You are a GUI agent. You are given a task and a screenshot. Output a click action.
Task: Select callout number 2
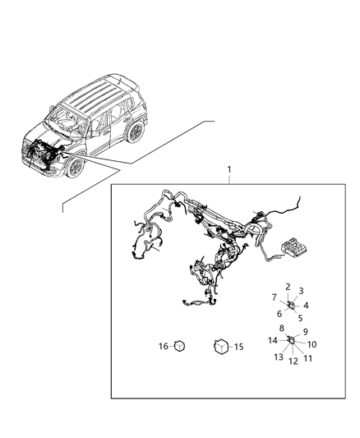[x=288, y=287]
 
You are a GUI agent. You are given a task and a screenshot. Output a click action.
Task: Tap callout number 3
[x=302, y=291]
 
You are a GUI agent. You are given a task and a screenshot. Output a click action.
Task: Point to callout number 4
[x=306, y=304]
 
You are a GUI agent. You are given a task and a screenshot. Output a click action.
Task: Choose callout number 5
[x=300, y=317]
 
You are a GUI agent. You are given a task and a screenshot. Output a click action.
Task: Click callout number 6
[x=279, y=313]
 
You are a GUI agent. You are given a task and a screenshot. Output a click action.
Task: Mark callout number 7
[x=275, y=297]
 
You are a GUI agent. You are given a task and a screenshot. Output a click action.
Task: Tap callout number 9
[x=306, y=332]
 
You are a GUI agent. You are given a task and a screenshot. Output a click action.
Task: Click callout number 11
[x=307, y=359]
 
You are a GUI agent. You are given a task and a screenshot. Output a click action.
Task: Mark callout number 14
[x=273, y=340]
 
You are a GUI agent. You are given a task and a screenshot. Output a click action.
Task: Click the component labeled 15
[x=222, y=348]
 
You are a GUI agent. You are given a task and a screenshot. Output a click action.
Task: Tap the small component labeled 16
[x=179, y=346]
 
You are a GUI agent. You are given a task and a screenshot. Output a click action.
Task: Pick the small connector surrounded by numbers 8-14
[x=291, y=340]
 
